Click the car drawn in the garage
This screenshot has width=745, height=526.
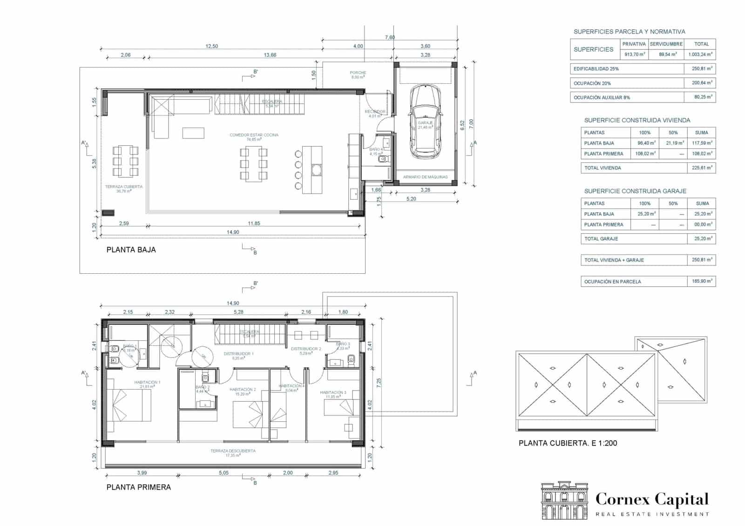click(x=425, y=122)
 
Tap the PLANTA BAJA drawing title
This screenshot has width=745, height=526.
click(x=131, y=250)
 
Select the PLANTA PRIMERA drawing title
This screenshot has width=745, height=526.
click(x=138, y=487)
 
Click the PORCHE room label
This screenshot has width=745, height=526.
click(x=358, y=73)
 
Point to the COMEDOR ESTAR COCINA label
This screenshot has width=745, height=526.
click(x=254, y=135)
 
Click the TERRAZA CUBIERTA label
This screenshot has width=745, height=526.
click(x=123, y=187)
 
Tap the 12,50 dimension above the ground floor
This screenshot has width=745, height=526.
click(x=212, y=46)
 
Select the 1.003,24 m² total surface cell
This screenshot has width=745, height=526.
click(x=700, y=54)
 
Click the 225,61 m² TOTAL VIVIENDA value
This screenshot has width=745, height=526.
click(x=701, y=168)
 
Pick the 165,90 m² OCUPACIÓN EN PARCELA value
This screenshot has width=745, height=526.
click(x=701, y=281)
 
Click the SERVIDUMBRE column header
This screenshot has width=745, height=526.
click(x=666, y=44)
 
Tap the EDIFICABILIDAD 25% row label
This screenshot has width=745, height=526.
click(x=596, y=69)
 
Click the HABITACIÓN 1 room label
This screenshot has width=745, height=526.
click(x=147, y=382)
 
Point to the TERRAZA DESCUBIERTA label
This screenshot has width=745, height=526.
click(x=233, y=451)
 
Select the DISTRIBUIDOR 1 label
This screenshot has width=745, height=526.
click(x=238, y=354)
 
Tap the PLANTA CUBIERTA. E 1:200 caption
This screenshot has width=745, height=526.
click(x=568, y=443)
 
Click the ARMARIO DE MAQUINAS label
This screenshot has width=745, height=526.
click(x=425, y=177)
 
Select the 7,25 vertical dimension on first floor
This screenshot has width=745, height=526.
click(x=379, y=383)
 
